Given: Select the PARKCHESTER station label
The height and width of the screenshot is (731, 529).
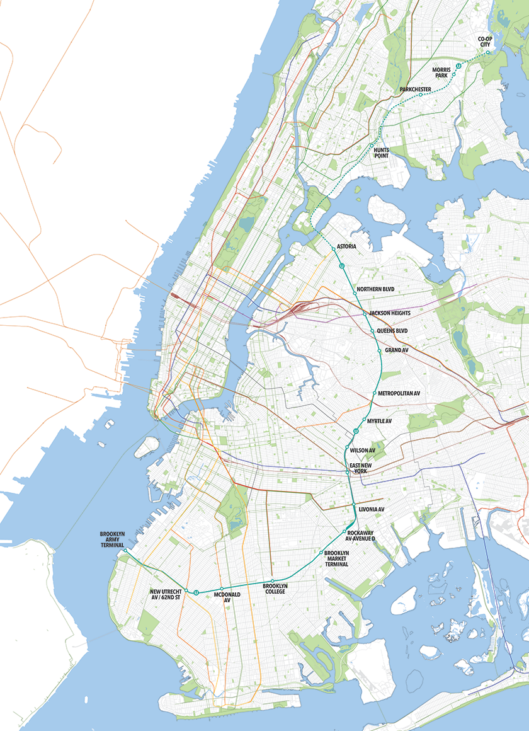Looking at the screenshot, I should click(416, 89).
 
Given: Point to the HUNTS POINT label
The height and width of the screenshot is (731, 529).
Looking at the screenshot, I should click(382, 153).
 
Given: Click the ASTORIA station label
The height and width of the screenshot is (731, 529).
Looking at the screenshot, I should click(348, 246).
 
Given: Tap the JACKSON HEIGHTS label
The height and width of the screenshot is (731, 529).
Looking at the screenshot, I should click(391, 313).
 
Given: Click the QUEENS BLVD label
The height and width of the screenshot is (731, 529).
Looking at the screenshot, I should click(392, 331).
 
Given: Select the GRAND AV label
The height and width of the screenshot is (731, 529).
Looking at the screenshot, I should click(396, 350).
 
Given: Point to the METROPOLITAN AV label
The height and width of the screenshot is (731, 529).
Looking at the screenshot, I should click(399, 393).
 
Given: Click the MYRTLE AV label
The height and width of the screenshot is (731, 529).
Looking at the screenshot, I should click(379, 420).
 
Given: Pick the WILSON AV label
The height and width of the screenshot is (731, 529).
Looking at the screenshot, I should click(363, 450).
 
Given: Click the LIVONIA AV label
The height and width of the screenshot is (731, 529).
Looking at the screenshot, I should click(371, 508).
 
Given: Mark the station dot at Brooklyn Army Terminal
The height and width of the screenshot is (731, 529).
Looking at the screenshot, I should click(125, 551).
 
